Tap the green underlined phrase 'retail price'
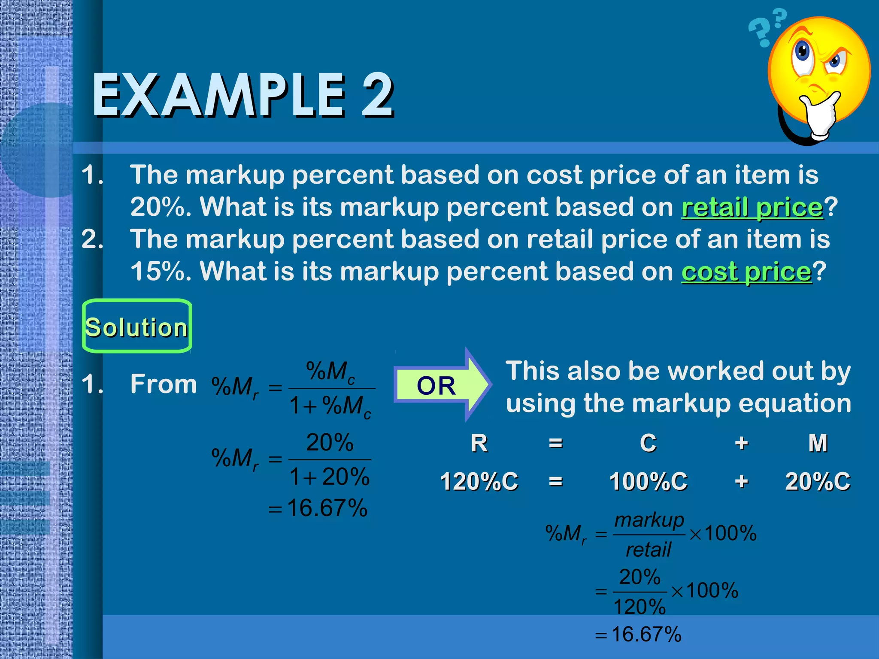click(752, 208)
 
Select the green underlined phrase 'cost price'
click(746, 272)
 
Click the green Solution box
click(137, 326)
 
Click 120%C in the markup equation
click(479, 481)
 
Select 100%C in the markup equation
click(648, 481)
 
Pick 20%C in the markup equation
click(817, 481)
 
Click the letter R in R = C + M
click(479, 443)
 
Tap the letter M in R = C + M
click(818, 443)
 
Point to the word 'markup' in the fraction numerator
click(649, 520)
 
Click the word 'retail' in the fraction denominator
click(648, 550)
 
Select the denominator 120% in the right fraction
click(640, 607)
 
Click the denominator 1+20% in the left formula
click(329, 477)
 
